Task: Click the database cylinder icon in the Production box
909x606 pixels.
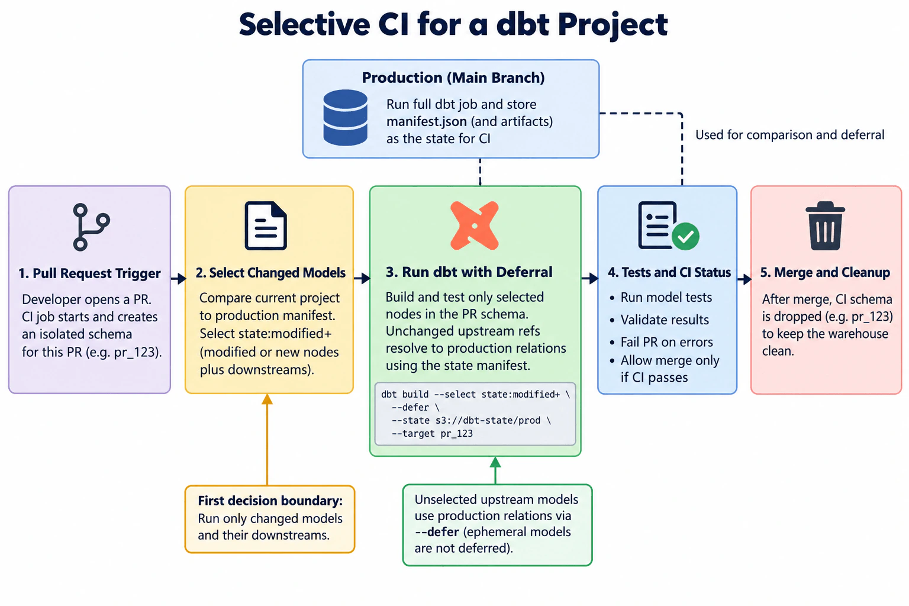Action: tap(346, 117)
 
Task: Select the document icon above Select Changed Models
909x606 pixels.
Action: tap(266, 225)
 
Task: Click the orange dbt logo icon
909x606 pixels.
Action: tap(475, 225)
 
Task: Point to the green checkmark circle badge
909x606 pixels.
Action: tap(685, 236)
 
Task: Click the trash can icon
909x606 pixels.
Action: tap(826, 225)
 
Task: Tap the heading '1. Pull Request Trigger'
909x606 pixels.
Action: tap(90, 273)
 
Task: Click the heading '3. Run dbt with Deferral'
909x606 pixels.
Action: tap(469, 272)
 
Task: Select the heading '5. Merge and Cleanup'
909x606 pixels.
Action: tap(825, 272)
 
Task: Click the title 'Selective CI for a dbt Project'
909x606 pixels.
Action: tap(453, 25)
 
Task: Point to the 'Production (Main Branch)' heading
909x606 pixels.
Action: tap(453, 78)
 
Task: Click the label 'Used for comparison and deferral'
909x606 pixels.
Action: tap(789, 135)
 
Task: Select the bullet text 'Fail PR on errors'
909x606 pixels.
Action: tap(667, 342)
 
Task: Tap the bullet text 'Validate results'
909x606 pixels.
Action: tap(665, 320)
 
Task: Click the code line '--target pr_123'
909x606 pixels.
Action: tap(432, 434)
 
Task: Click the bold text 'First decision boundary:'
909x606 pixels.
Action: tap(270, 501)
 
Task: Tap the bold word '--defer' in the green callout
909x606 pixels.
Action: tap(437, 531)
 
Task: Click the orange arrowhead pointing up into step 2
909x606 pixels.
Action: tap(267, 399)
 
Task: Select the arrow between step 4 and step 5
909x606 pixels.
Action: tap(744, 279)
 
